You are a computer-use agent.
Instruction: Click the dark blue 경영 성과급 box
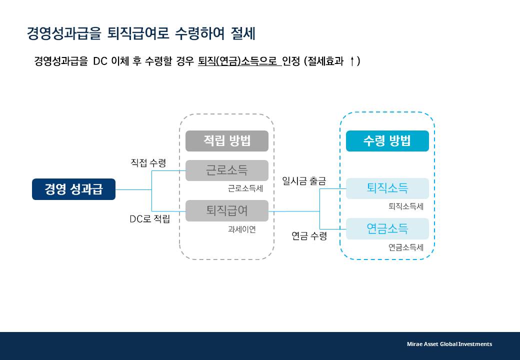73,189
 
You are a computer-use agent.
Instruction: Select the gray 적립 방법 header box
227,141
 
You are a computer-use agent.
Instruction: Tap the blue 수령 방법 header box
387,141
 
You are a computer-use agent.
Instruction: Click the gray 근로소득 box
227,170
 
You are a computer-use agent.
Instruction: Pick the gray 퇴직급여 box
227,210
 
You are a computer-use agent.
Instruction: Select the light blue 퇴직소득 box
387,188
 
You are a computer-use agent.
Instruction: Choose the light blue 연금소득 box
387,228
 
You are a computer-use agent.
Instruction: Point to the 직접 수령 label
148,163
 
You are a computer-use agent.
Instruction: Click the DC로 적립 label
149,219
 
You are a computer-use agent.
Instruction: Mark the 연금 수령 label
309,236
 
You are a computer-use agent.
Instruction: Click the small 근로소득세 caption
245,188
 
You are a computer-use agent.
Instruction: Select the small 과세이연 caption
241,229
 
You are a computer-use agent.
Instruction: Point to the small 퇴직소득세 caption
405,206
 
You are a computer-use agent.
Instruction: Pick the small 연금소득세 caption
405,247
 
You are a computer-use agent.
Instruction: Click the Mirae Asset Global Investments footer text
449,344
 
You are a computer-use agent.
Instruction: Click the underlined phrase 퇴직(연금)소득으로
238,61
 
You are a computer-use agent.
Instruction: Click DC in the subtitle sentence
100,61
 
